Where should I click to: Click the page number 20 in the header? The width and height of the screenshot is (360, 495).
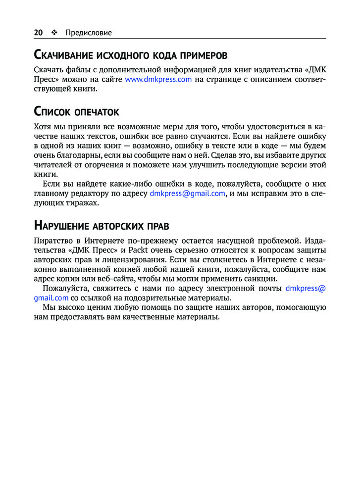click(x=38, y=33)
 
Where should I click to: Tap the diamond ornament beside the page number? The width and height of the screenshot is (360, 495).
click(x=53, y=33)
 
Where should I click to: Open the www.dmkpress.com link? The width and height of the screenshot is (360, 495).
click(x=158, y=79)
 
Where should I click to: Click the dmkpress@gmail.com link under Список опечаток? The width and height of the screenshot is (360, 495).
click(x=188, y=194)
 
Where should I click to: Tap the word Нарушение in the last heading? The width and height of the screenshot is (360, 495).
click(x=61, y=226)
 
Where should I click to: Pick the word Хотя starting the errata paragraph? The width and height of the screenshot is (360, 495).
click(x=43, y=127)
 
